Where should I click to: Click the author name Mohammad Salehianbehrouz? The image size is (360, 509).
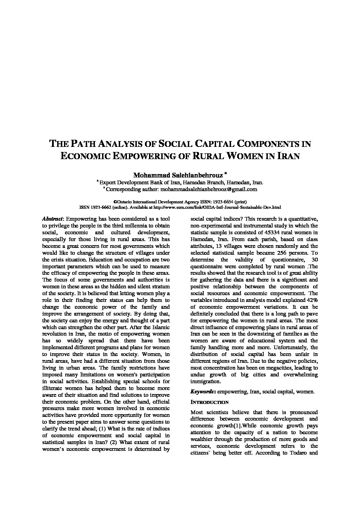pos(178,175)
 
